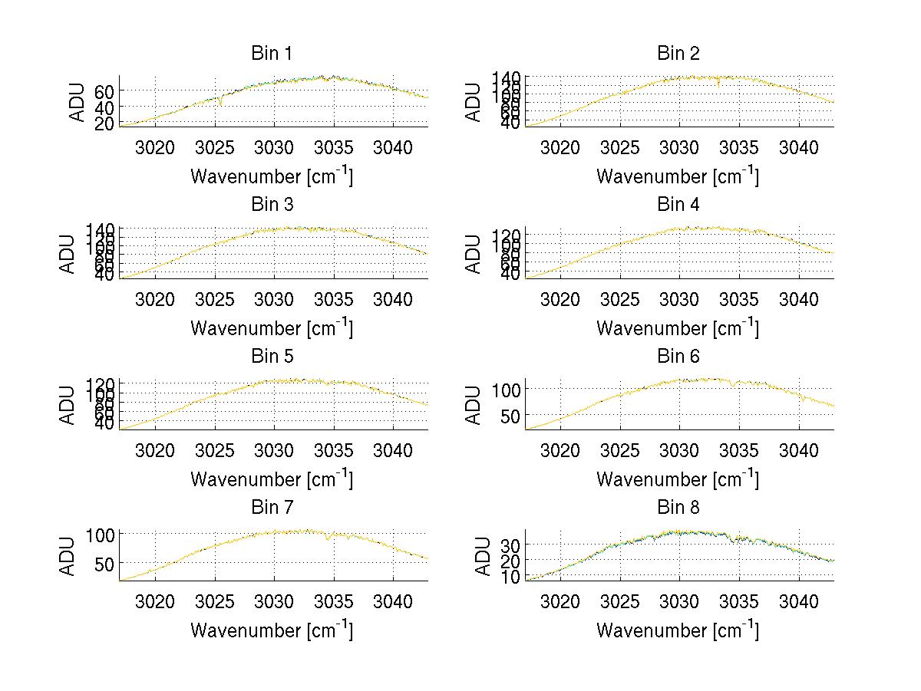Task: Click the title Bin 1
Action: coord(271,54)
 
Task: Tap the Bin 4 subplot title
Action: coord(678,205)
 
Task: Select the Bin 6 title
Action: coord(678,356)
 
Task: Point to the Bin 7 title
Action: coord(271,507)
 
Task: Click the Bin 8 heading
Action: coord(678,507)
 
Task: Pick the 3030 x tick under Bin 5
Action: coord(275,450)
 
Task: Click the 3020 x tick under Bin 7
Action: coord(155,601)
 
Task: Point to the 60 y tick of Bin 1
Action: coord(105,90)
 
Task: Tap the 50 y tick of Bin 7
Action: coord(105,563)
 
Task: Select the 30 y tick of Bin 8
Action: coord(511,544)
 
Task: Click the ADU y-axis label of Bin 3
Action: coord(68,254)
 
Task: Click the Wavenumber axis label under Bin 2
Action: coord(678,176)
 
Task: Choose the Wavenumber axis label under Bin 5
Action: coord(272,479)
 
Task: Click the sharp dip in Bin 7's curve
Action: coord(328,539)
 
